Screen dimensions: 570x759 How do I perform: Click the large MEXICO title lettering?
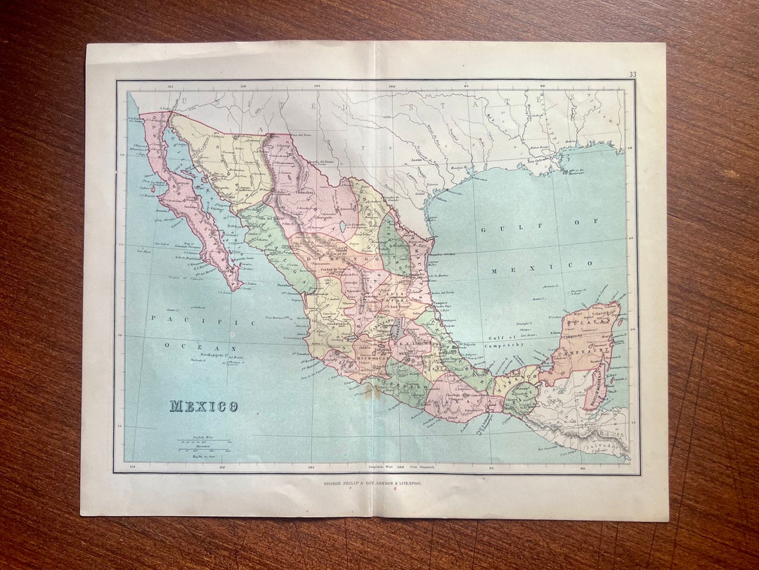[203, 407]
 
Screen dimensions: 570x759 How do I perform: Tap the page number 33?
[632, 75]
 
